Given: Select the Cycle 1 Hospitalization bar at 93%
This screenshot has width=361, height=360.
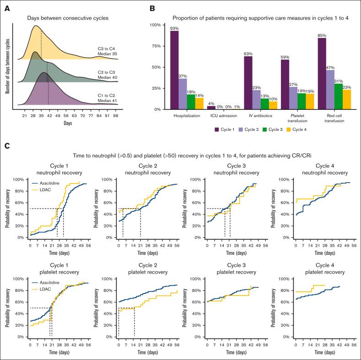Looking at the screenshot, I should [x=174, y=70].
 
